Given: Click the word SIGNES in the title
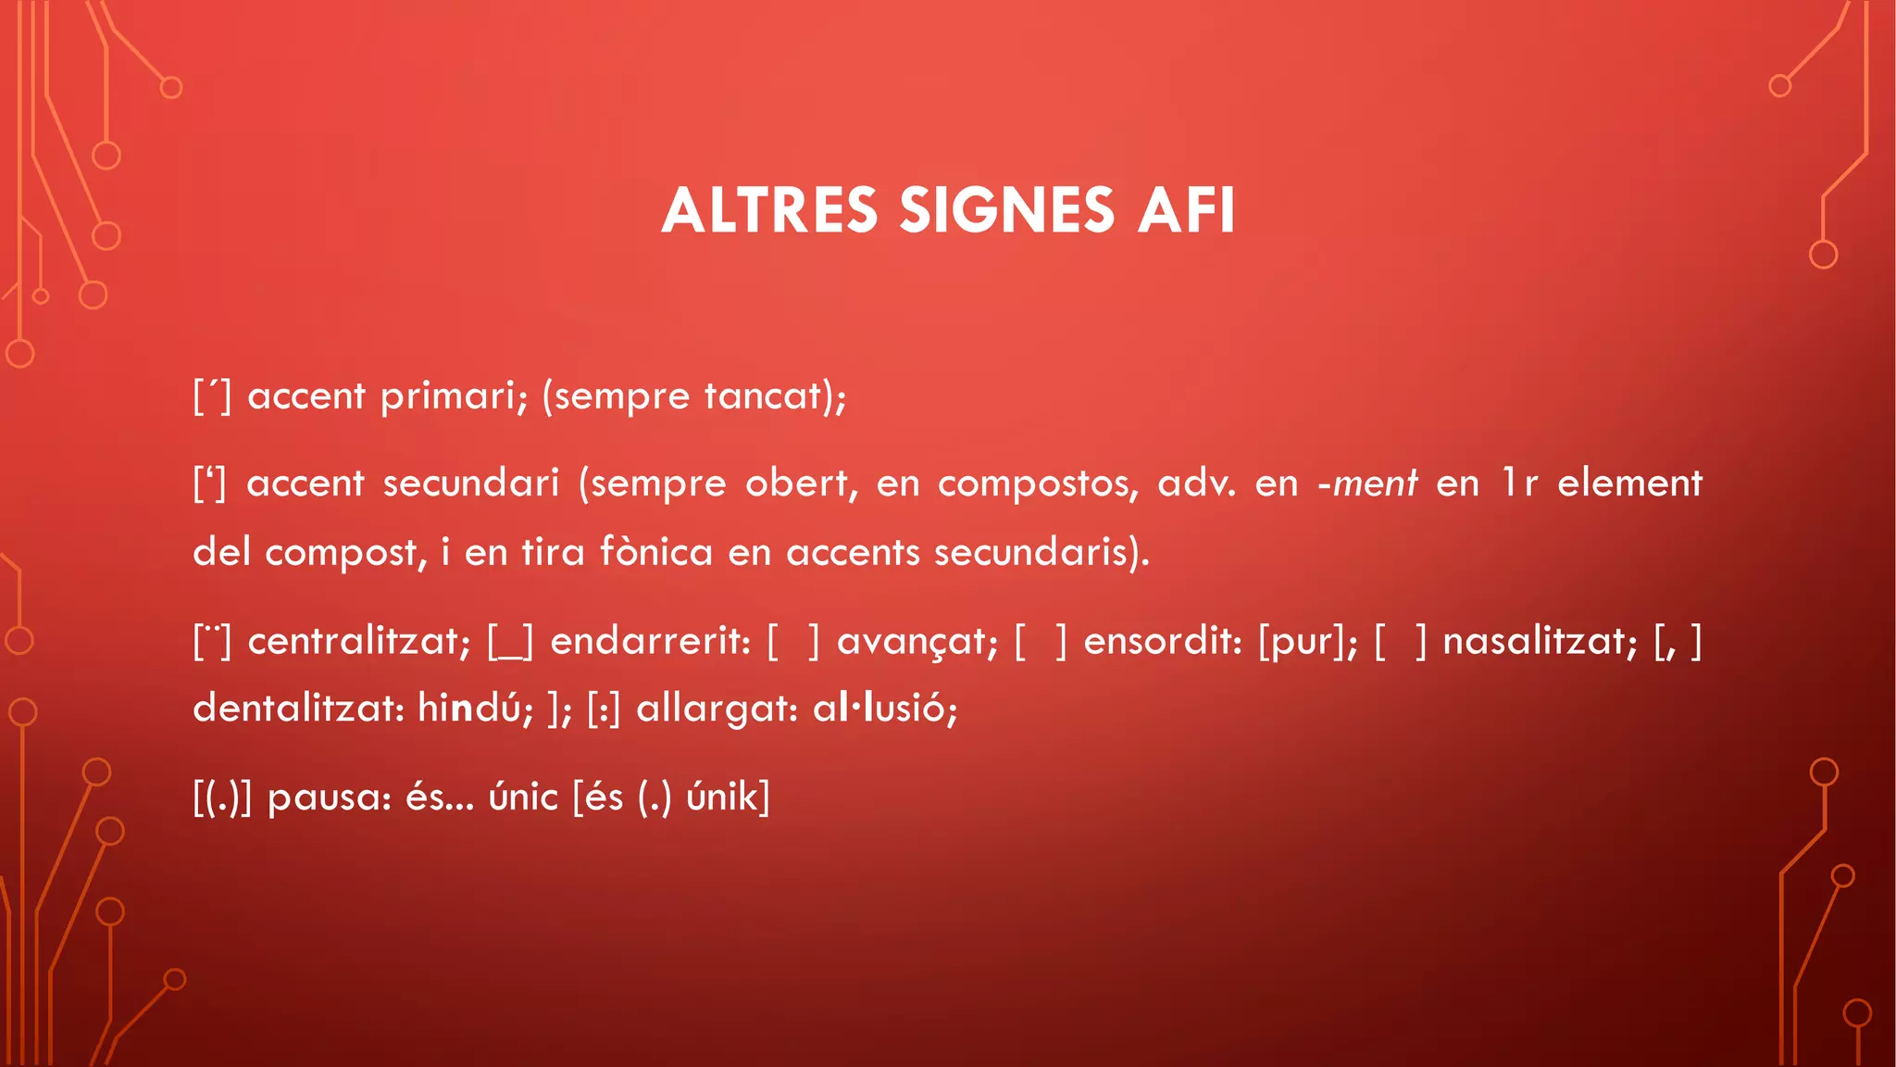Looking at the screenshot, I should point(1006,210).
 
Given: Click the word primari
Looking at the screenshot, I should point(453,396).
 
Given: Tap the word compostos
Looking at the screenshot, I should point(1038,483).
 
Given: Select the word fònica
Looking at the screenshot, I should point(656,552).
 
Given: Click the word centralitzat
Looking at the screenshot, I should point(359,640).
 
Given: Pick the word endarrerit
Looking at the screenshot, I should point(650,640).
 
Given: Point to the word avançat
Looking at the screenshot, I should point(917,640).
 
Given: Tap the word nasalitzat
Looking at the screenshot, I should point(1540,640).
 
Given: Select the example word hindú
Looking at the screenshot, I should point(475,709).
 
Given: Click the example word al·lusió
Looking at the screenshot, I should point(884,709).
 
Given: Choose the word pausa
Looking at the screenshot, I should point(329,797).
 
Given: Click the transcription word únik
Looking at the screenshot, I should point(727,797).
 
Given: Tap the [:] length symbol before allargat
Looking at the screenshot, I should point(604,709).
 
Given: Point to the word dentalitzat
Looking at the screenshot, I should point(296,709).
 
